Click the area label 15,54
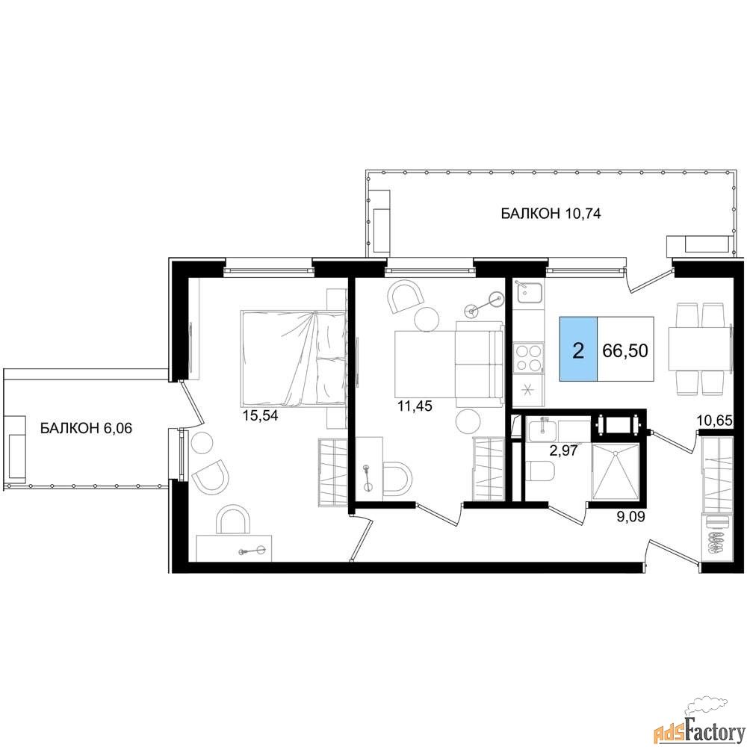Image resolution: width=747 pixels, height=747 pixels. tap(260, 415)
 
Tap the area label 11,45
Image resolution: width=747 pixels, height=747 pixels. tap(415, 406)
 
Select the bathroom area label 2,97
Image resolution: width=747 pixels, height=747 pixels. tap(563, 450)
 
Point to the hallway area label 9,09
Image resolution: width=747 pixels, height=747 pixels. tap(630, 516)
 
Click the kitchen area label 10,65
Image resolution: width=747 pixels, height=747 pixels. tap(714, 421)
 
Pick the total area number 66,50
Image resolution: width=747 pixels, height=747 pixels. tap(625, 350)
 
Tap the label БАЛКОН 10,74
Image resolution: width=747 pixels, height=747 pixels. tap(551, 214)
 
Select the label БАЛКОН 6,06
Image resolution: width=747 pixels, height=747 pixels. tap(86, 428)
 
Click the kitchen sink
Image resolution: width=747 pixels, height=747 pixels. tap(530, 294)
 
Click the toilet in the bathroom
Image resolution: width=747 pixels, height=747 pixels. tap(540, 471)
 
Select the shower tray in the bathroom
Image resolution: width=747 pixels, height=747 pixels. tap(614, 471)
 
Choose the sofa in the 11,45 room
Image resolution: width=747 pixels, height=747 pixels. tap(479, 365)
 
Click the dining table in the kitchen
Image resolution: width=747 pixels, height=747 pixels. tap(699, 349)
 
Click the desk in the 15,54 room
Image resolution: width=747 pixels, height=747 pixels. tap(234, 548)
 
